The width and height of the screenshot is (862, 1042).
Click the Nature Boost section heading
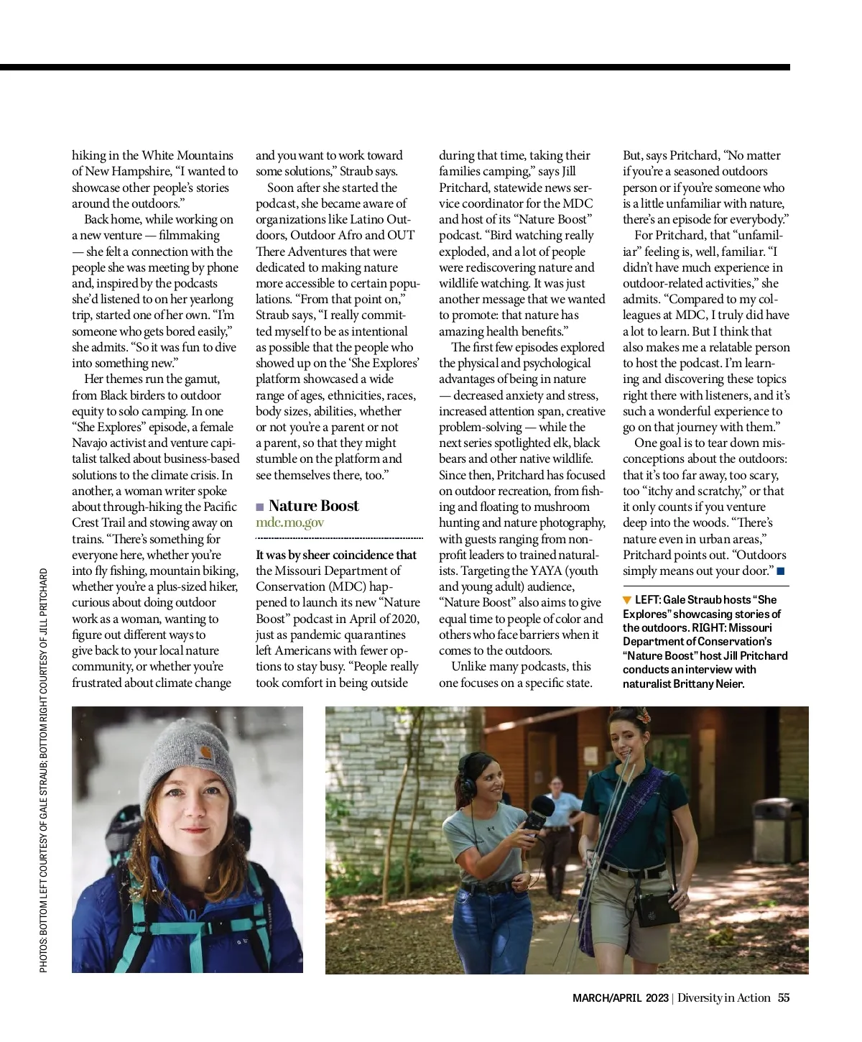[x=313, y=506]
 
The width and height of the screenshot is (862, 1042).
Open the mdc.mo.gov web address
[x=289, y=522]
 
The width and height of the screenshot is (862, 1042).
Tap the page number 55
[x=784, y=997]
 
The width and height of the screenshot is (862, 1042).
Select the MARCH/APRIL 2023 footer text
[x=620, y=997]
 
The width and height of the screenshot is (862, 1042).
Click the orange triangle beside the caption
[x=627, y=600]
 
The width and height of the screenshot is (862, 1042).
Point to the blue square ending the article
[x=781, y=571]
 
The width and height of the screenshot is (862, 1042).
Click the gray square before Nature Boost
[x=260, y=507]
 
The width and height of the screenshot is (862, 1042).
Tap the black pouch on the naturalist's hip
[x=654, y=909]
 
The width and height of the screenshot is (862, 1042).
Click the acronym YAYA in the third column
[x=546, y=571]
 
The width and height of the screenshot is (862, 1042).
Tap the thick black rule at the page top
[x=395, y=68]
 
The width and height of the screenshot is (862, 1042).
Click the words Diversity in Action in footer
[x=723, y=997]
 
